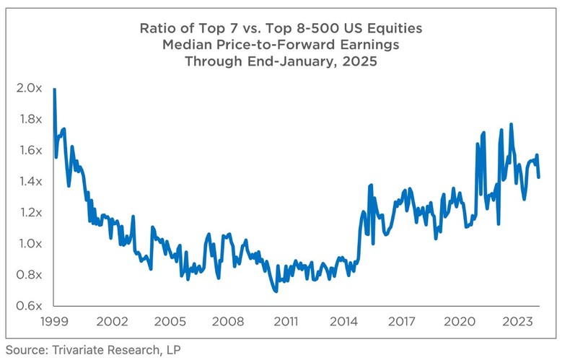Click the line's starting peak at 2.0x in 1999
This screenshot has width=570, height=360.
(55, 89)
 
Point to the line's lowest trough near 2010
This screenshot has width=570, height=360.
(275, 291)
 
